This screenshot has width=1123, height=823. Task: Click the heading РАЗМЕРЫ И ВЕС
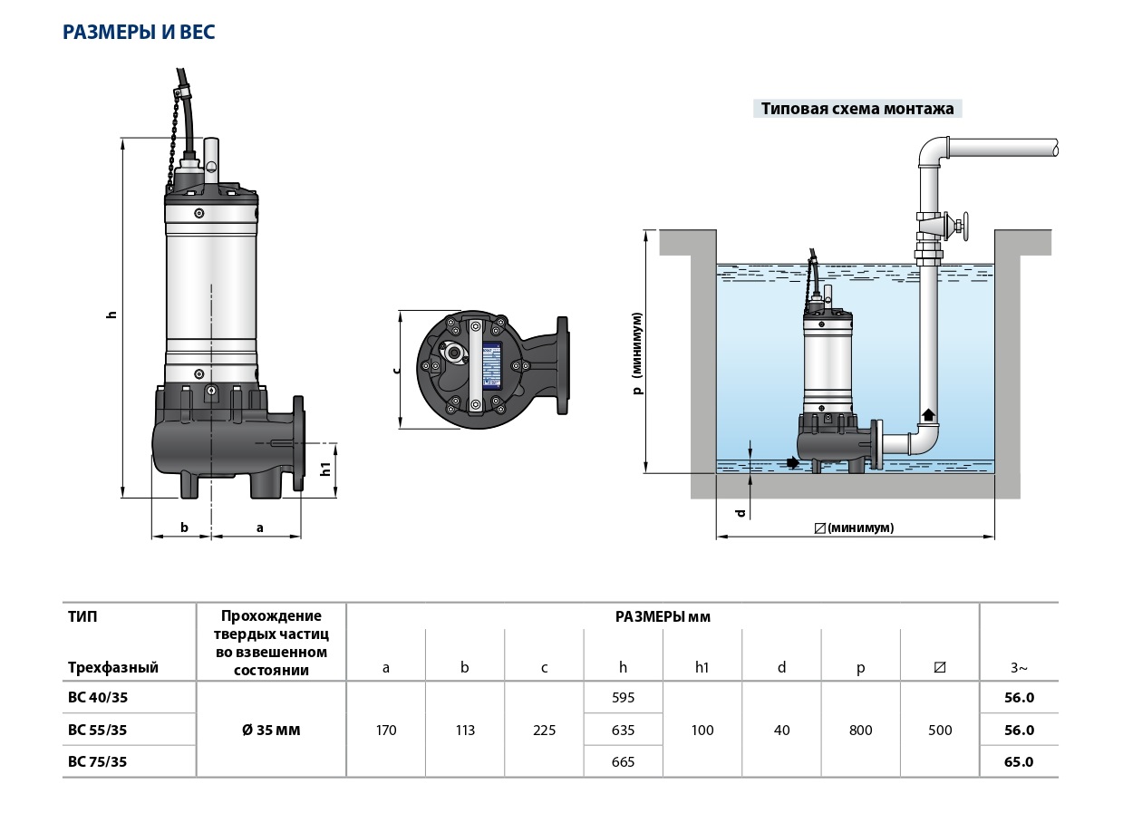tap(139, 33)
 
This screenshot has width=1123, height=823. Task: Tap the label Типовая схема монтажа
tap(857, 109)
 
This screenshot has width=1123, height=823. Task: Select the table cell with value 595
tap(623, 698)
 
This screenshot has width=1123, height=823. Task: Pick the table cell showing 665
tap(623, 761)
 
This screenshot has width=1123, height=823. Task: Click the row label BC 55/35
tap(98, 730)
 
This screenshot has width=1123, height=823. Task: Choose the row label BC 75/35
tap(98, 761)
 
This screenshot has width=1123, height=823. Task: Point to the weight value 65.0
tap(1019, 761)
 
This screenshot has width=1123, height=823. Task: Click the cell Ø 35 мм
tap(271, 730)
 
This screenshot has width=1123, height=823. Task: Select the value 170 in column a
tap(386, 730)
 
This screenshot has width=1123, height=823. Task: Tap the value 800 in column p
tap(860, 730)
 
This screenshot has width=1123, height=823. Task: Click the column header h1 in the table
tap(702, 668)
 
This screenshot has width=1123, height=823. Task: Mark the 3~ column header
tap(1019, 668)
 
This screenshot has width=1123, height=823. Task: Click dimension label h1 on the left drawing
tap(325, 470)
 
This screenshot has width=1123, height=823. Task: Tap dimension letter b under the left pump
tap(184, 526)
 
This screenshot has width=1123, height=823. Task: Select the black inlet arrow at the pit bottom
tap(793, 462)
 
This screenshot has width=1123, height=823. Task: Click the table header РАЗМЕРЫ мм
tap(663, 617)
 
